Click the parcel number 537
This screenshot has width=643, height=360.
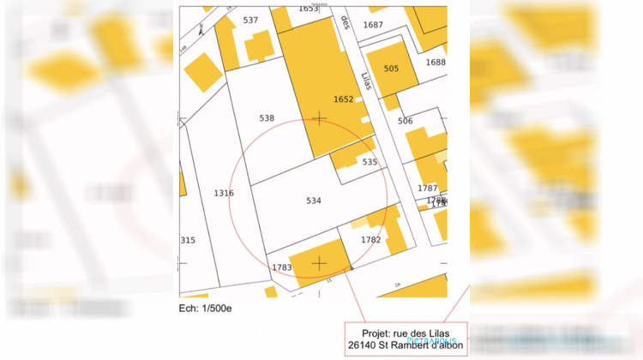pos(250,20)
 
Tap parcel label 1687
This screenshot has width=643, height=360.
pos(373,25)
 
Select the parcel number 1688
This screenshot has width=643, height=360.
pos(436,63)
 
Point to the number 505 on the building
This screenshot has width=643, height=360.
pos(391,69)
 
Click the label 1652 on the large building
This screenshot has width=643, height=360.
pos(343,99)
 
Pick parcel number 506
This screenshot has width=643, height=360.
pos(406,121)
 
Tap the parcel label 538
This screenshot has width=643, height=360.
pos(267,117)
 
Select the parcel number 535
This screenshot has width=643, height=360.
pos(370,162)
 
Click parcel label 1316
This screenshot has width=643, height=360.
pos(223,194)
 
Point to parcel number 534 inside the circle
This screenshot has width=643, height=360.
pos(314,201)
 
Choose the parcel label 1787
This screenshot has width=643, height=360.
pos(427,188)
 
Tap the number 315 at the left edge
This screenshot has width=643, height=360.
pos(188,240)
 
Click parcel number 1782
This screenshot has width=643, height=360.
pos(370,240)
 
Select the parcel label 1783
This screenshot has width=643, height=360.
pos(282,267)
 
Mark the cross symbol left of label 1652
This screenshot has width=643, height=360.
pos(319,118)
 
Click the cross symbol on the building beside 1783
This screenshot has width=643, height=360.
pos(319,262)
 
